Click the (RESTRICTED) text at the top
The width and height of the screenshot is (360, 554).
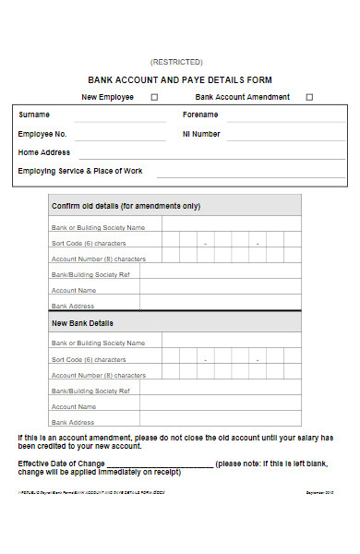pos(180,62)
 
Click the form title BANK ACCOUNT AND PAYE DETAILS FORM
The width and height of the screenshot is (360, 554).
pos(180,80)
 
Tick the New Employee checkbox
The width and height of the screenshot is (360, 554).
pos(154,97)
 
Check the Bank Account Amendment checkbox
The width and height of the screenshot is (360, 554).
pos(309,97)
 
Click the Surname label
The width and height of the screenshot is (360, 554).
pos(34,115)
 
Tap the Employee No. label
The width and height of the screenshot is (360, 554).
pos(42,134)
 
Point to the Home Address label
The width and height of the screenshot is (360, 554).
pos(44,152)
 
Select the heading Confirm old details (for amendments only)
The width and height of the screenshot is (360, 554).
pos(126,206)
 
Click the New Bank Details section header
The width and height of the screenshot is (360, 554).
pos(83,323)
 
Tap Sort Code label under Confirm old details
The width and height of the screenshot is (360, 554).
pos(89,243)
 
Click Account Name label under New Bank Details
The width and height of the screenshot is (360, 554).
pos(74,406)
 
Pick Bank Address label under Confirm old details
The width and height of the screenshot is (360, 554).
pos(73,306)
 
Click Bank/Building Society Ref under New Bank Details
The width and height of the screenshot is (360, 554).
pos(90,391)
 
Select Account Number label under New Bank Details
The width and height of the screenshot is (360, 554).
pos(99,375)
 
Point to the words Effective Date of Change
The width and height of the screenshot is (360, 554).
pos(61,463)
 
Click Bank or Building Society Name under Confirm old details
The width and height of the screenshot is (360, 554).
pos(98,227)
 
